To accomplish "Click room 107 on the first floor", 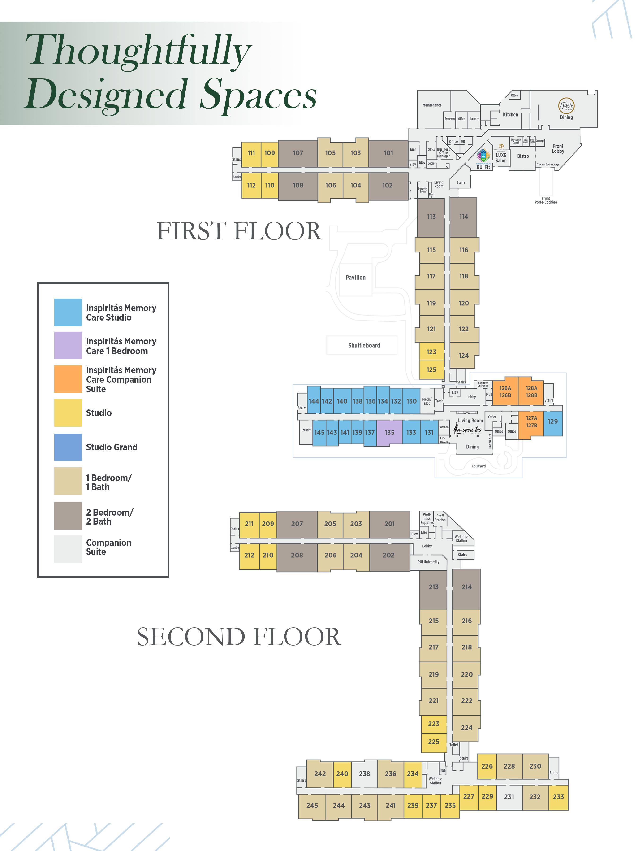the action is point(298,153).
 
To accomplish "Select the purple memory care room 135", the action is point(389,432).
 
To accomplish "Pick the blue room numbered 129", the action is point(553,422).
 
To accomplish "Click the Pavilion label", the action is point(355,277).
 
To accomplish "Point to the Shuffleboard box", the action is point(364,345).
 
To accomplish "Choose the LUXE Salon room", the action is point(501,158).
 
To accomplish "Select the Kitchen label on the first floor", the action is point(510,115).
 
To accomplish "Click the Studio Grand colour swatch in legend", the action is point(68,447).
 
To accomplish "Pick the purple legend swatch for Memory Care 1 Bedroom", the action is point(68,345).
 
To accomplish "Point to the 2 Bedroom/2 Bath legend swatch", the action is point(68,516).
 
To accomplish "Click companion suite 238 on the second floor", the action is point(364,774).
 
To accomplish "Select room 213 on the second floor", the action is point(433,587).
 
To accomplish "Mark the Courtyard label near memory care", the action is point(478,466).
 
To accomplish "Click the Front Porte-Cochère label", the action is point(545,200).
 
